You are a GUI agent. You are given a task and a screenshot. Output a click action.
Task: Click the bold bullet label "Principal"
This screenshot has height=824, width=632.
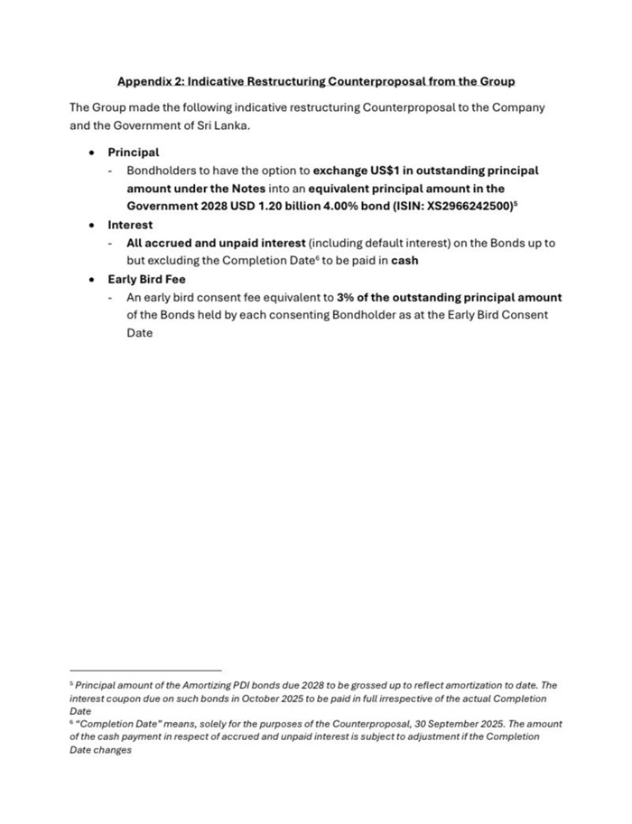tap(133, 153)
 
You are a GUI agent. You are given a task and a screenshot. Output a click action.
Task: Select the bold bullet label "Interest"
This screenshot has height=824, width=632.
tap(130, 225)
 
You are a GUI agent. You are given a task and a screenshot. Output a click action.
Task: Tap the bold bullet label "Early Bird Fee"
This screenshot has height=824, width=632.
tap(146, 279)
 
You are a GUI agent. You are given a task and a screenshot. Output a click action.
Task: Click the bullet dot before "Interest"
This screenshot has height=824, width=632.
tap(92, 226)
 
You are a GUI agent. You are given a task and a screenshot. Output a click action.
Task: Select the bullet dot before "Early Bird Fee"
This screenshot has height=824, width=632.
tap(92, 280)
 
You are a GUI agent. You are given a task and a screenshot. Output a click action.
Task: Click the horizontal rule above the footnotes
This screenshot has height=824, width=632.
tap(145, 671)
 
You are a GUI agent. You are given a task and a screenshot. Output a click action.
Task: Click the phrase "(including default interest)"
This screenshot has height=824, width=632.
tap(386, 243)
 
